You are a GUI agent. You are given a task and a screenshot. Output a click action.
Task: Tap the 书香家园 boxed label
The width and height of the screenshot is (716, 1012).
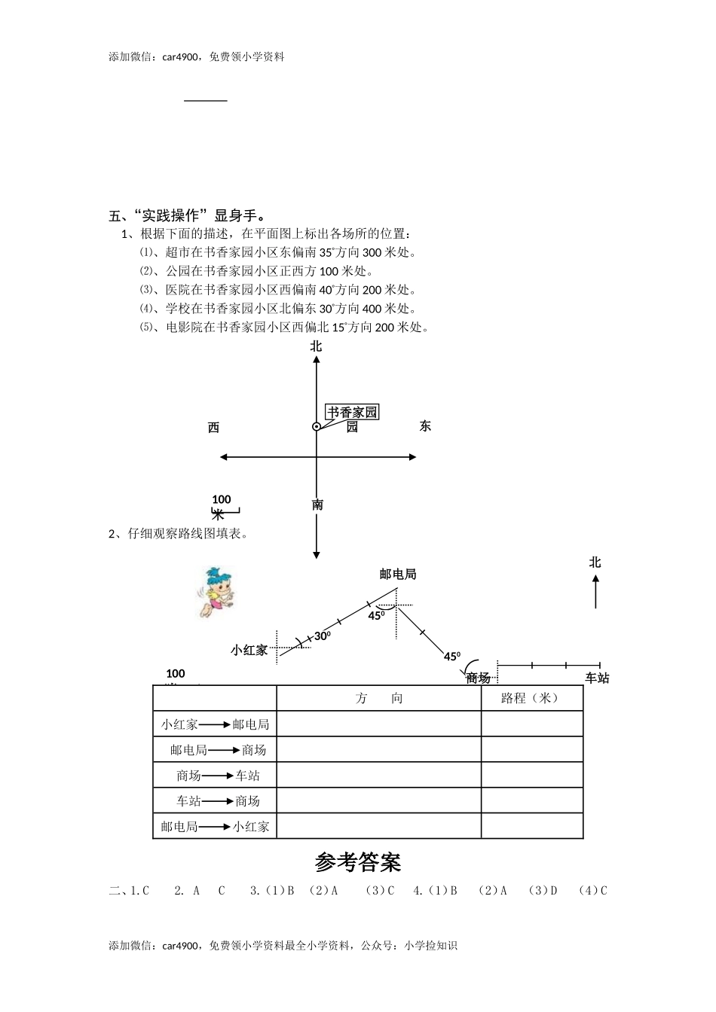(x=352, y=412)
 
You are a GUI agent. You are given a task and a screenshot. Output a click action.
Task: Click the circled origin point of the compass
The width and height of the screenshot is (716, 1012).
(x=317, y=426)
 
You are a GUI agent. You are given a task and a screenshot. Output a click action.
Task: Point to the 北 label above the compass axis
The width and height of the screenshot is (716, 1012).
(x=316, y=346)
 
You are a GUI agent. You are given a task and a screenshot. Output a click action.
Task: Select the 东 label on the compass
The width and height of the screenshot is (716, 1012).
(x=425, y=426)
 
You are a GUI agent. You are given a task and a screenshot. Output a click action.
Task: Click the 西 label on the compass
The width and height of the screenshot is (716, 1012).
(x=213, y=428)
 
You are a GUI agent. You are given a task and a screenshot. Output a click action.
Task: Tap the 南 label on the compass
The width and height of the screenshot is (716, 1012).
(x=317, y=504)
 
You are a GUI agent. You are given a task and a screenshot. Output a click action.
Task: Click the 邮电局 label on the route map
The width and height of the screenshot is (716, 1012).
(x=398, y=574)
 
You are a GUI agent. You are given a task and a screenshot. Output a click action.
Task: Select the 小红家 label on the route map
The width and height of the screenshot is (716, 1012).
(x=249, y=650)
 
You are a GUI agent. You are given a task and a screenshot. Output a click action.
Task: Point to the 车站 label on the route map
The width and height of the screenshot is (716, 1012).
(x=597, y=678)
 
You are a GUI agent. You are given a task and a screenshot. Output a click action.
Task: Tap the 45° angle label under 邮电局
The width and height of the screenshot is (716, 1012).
(x=377, y=615)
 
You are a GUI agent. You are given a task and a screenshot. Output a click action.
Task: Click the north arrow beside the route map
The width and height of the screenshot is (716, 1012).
(x=595, y=591)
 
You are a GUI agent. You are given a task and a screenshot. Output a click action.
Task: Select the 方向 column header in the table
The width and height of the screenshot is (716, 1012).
(x=379, y=698)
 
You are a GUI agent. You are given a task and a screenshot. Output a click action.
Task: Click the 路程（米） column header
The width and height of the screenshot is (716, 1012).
(x=531, y=698)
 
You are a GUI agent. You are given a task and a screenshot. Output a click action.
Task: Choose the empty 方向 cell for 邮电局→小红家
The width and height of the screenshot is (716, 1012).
(x=379, y=826)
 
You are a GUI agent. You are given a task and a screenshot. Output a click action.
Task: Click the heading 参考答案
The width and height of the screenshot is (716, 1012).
(x=358, y=861)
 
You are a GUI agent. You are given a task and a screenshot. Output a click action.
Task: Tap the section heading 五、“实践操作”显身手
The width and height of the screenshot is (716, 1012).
(x=188, y=215)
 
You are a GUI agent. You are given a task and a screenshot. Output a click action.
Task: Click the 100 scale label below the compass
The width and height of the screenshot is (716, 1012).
(x=222, y=499)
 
